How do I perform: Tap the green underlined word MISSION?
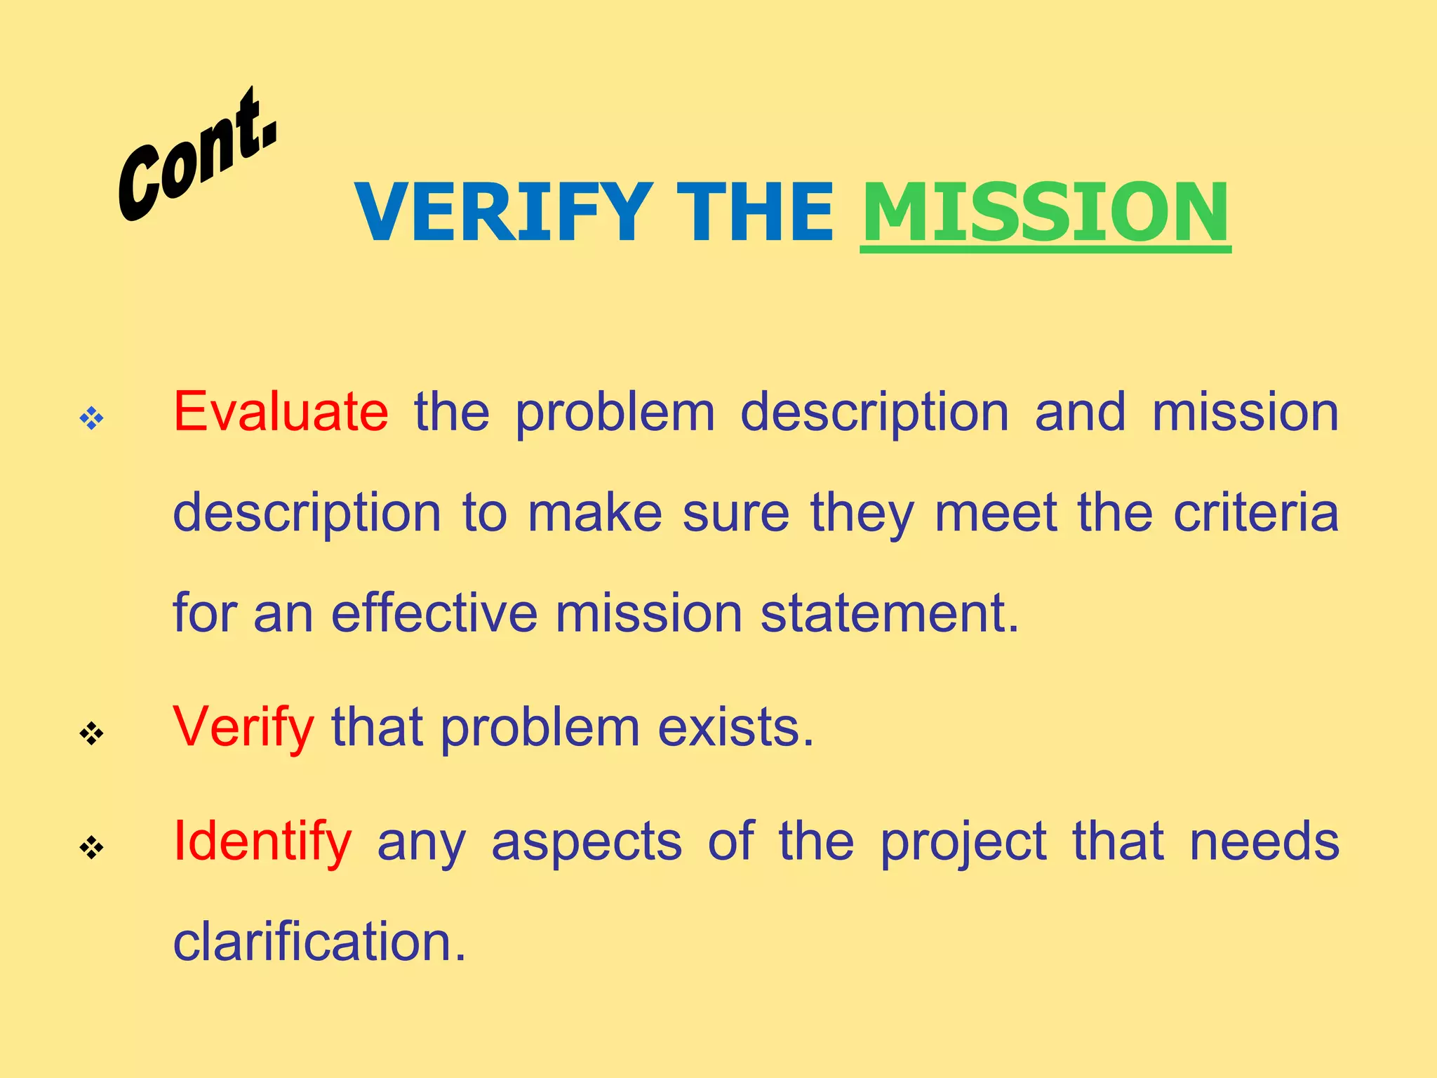(1045, 212)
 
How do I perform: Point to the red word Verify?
(243, 727)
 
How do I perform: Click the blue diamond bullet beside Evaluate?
(91, 419)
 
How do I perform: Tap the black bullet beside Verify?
(91, 734)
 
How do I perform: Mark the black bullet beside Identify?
(91, 848)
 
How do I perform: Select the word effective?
(434, 613)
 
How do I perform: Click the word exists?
(736, 727)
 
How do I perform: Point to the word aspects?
(587, 841)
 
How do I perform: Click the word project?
(963, 843)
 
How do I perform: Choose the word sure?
(736, 514)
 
